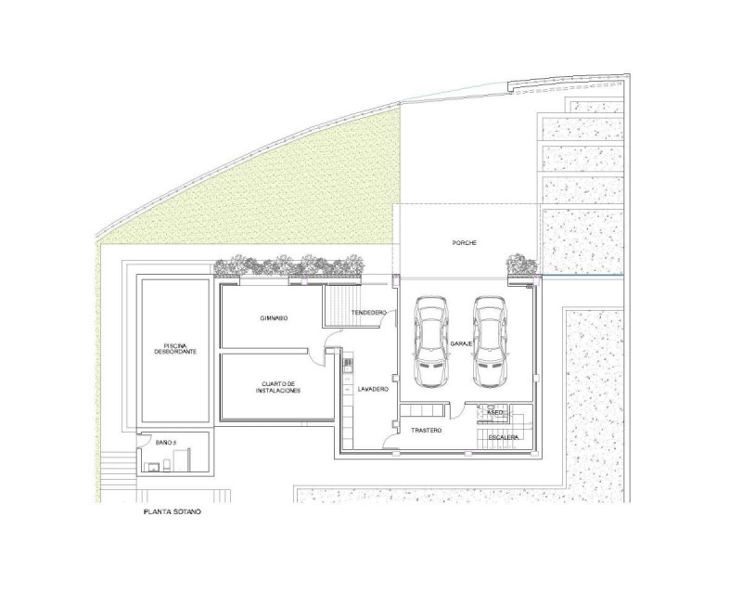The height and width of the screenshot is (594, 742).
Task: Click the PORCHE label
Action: point(465,243)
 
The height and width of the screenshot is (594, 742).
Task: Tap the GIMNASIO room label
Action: point(274,318)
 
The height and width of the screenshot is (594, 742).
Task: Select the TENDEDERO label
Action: point(368,313)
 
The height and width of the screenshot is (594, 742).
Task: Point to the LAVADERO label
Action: point(373,390)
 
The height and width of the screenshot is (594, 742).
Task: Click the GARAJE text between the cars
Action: point(461,344)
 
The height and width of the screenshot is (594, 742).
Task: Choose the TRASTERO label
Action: point(426,431)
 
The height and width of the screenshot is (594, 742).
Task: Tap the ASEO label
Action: point(495,413)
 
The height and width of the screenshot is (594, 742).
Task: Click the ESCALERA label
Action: point(504,438)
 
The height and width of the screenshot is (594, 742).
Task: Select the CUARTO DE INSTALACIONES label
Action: point(278,387)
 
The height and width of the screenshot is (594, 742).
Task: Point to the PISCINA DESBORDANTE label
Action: point(175,349)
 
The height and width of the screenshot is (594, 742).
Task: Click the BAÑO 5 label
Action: point(166,443)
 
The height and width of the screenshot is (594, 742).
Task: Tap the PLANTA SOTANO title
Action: point(173,512)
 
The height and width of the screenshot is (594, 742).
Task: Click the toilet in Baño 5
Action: point(167,464)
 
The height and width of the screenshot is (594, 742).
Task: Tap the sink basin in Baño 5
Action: point(153,467)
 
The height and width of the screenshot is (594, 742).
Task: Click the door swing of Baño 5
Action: point(140,440)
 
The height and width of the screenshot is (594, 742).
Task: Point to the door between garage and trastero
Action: point(455,410)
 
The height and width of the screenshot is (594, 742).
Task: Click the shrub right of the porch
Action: point(521,265)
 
